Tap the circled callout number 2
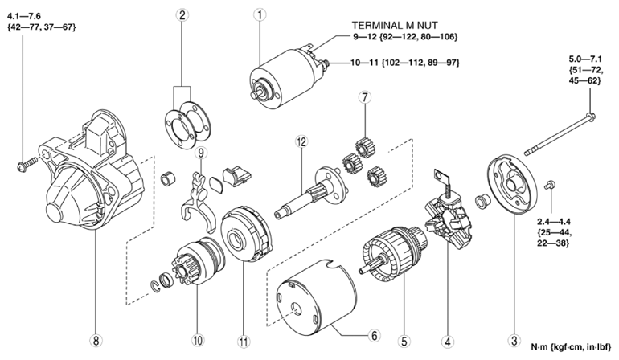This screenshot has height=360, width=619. click(183, 14)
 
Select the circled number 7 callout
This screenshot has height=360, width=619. click(364, 98)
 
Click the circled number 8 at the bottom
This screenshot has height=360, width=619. click(97, 339)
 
